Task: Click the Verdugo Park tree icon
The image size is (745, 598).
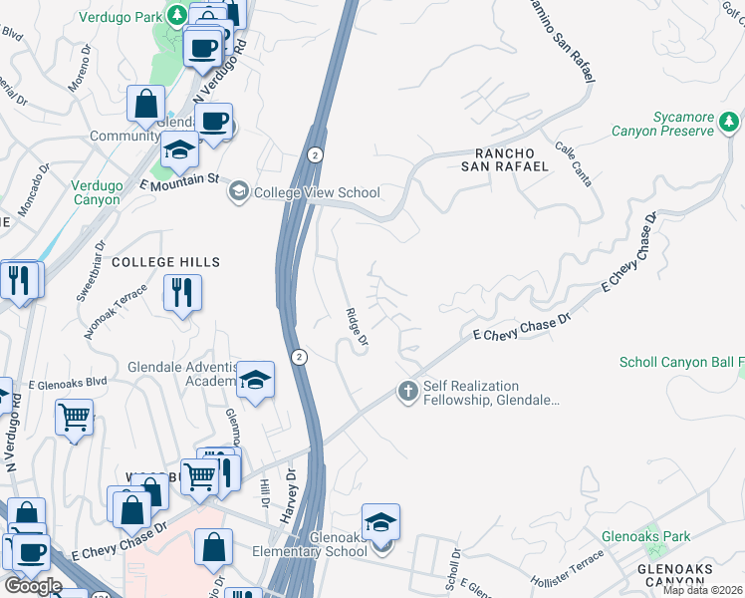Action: pos(176,15)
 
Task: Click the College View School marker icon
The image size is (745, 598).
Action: pos(239,192)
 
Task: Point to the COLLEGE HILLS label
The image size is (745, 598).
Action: pos(165,261)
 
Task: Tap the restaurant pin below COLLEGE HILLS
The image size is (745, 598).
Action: pos(181,293)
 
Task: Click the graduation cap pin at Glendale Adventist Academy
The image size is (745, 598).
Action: pos(255,380)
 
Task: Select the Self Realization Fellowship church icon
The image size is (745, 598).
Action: pos(407,392)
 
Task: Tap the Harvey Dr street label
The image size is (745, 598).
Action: pos(289,489)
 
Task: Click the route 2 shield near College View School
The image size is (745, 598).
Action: pos(315,154)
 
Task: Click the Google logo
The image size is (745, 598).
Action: pos(33,586)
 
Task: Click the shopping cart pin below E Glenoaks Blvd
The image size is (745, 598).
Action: pos(74,418)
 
